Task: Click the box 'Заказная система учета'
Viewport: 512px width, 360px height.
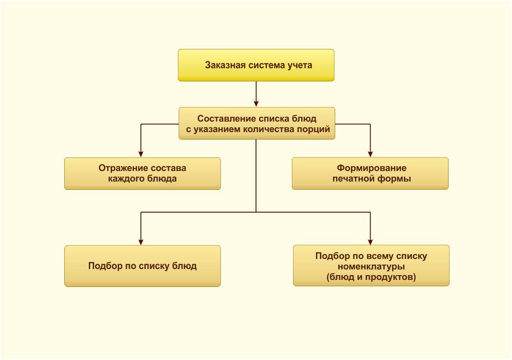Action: (256, 65)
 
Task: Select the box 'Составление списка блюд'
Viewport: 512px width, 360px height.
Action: (256, 123)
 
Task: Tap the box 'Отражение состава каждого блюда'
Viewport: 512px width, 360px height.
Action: (142, 174)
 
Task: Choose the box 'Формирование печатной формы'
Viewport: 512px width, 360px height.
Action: (370, 173)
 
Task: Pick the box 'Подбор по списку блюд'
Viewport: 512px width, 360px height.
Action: (142, 266)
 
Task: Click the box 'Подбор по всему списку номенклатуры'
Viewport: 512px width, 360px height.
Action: (371, 266)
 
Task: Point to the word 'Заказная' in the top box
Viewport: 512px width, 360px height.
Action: (225, 65)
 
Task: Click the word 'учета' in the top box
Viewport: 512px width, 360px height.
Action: (300, 66)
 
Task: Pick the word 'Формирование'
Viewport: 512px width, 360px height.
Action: (372, 168)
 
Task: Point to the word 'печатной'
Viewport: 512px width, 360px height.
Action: (354, 179)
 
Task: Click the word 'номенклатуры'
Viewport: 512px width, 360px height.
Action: (371, 267)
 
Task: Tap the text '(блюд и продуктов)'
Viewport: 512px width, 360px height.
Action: (371, 277)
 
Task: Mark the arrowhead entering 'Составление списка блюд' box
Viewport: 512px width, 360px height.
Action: (256, 104)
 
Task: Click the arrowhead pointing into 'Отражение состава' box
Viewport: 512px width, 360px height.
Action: (141, 154)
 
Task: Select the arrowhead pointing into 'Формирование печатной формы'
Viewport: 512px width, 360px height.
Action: (370, 154)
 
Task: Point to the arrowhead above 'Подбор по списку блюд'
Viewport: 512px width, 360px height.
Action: (141, 242)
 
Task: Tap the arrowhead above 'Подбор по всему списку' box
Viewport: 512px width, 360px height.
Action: (370, 242)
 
